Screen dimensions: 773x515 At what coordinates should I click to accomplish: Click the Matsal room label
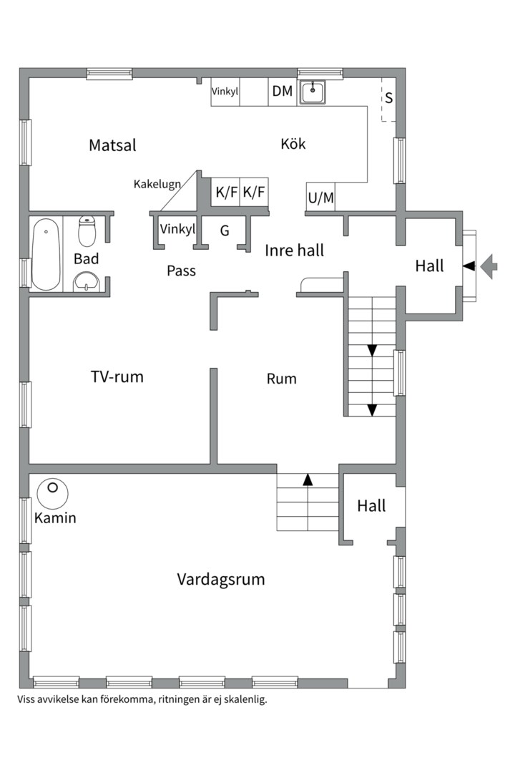coord(112,145)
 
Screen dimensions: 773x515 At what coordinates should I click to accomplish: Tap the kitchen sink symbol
coord(312,92)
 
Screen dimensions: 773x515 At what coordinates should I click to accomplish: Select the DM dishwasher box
coord(283,92)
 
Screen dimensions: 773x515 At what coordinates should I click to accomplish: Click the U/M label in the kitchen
coord(320,198)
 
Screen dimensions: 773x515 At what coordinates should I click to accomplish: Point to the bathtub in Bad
coord(46,254)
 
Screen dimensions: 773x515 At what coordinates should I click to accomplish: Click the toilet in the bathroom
coord(87,231)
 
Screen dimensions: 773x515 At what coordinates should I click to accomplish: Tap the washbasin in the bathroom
coord(87,281)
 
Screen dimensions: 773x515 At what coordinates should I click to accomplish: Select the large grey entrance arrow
coord(489,266)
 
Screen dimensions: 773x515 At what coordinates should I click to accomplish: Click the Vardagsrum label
coord(220,579)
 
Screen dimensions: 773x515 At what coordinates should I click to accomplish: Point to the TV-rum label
coord(117,376)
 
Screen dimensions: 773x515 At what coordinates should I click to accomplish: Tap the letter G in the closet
coord(225,230)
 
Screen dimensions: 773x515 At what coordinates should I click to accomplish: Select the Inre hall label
coord(294,251)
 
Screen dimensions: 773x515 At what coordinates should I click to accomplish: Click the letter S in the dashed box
coord(389,97)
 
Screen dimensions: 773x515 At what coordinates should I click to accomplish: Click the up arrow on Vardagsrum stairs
coord(308,480)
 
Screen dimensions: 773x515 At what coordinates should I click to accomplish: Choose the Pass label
coord(181,271)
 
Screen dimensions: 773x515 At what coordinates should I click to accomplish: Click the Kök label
coord(293,144)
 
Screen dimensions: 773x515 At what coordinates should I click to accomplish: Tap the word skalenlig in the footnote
coord(244,699)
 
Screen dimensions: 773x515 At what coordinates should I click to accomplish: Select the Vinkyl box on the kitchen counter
coord(225,92)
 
